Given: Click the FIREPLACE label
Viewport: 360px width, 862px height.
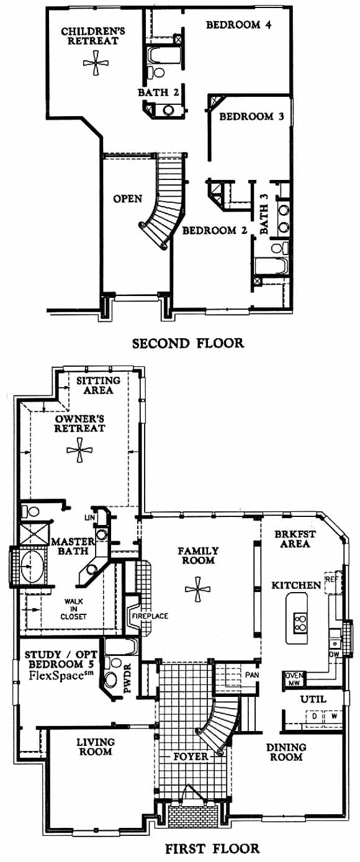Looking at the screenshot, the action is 150,616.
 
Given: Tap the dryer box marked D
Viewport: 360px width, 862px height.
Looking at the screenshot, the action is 315,716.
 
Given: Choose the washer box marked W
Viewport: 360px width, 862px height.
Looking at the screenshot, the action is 333,716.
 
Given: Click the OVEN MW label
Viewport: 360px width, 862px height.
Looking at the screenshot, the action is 295,679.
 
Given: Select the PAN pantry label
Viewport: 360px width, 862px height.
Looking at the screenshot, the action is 252,675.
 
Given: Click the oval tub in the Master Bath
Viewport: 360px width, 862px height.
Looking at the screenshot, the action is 32,566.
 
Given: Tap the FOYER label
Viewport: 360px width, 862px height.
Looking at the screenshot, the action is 191,756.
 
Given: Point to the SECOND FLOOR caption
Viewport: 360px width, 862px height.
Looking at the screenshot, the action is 188,343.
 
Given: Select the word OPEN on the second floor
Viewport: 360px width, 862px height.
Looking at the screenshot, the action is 128,199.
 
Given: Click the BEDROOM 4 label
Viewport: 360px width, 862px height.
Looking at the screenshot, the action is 239,25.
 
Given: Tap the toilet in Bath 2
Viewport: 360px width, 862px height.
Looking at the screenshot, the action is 156,72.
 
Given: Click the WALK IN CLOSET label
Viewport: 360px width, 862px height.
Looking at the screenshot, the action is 73,609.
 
